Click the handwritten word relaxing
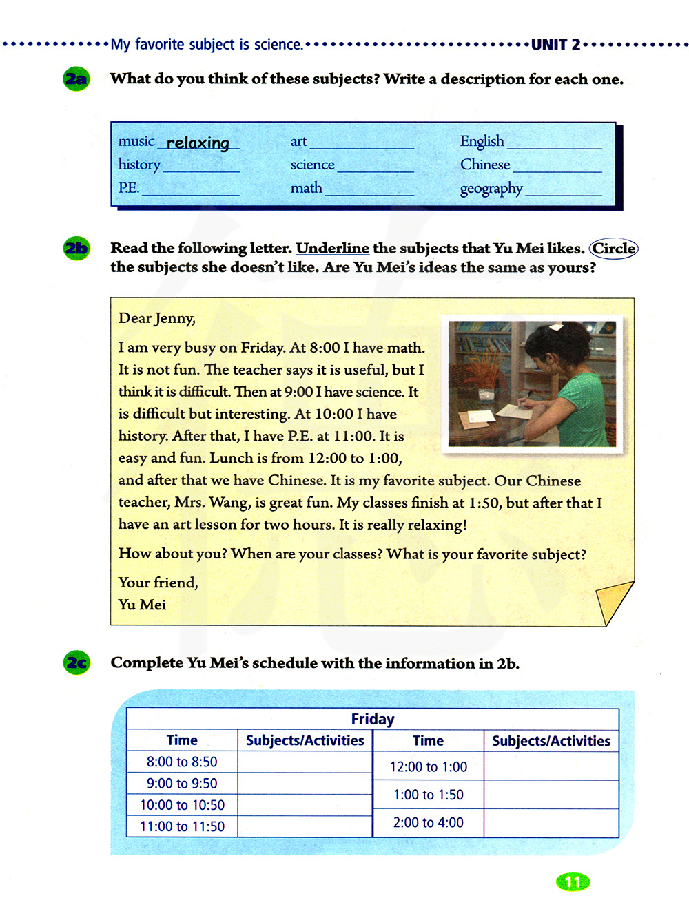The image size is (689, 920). [x=198, y=143]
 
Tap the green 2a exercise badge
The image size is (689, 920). [x=76, y=79]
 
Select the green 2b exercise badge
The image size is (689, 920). [x=76, y=248]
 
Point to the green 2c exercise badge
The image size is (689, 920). [x=76, y=662]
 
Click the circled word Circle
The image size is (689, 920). [x=614, y=248]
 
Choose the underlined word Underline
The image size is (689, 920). [x=332, y=248]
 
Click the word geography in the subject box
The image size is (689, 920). [x=491, y=188]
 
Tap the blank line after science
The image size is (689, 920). [x=376, y=167]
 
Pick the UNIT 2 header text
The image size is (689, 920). [x=555, y=45]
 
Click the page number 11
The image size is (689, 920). [x=573, y=882]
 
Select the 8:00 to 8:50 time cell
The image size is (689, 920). [x=182, y=762]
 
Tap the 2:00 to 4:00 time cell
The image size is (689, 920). [x=428, y=823]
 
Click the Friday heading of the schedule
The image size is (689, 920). [x=372, y=719]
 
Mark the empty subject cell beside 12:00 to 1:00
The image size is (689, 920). [x=551, y=766]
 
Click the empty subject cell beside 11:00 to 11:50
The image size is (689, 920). [x=305, y=826]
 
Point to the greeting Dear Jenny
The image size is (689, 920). [x=157, y=318]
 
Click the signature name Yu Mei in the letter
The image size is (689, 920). [x=142, y=605]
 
